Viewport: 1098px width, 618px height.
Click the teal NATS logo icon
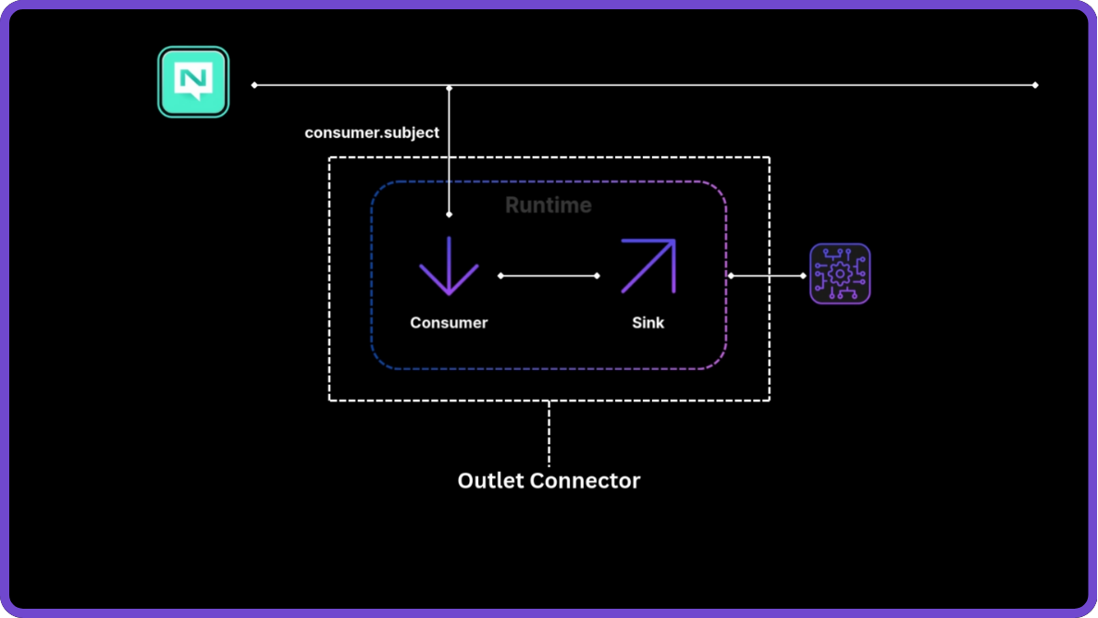point(193,82)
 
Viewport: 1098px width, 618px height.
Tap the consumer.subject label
point(372,132)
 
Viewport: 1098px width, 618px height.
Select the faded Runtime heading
point(549,204)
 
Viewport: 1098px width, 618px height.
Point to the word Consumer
point(449,323)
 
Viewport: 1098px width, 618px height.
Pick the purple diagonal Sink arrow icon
point(648,266)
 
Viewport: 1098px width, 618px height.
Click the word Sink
point(648,323)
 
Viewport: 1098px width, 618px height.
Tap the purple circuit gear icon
point(840,274)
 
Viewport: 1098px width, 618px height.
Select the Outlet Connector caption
point(549,480)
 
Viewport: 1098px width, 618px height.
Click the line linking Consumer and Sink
point(549,276)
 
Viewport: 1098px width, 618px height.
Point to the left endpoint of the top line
point(254,85)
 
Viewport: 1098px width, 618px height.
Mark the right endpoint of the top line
point(1035,85)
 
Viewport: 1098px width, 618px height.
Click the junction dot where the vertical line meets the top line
point(450,88)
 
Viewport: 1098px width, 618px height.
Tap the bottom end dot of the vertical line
point(450,215)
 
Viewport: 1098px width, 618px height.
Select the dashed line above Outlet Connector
point(549,433)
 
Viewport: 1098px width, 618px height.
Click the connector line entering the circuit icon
point(767,276)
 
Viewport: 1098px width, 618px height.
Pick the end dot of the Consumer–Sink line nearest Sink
point(597,276)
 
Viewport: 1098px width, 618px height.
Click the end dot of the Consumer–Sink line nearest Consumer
point(500,276)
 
